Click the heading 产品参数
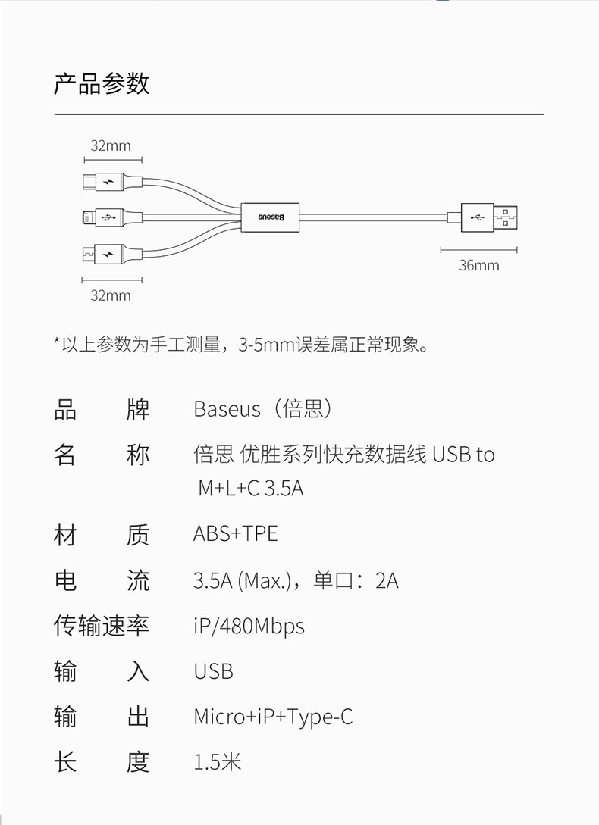[x=102, y=84]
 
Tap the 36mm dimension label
[x=478, y=265]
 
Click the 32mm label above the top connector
[x=111, y=145]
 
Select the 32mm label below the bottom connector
[x=111, y=295]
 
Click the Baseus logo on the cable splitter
[x=271, y=217]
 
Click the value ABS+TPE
[x=235, y=534]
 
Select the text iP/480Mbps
[x=249, y=627]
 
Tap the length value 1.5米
[x=217, y=761]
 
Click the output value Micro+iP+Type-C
[x=273, y=717]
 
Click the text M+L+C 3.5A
[x=251, y=488]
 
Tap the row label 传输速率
[x=102, y=627]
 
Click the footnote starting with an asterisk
[x=243, y=346]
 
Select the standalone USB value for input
[x=213, y=671]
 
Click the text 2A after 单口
[x=387, y=581]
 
